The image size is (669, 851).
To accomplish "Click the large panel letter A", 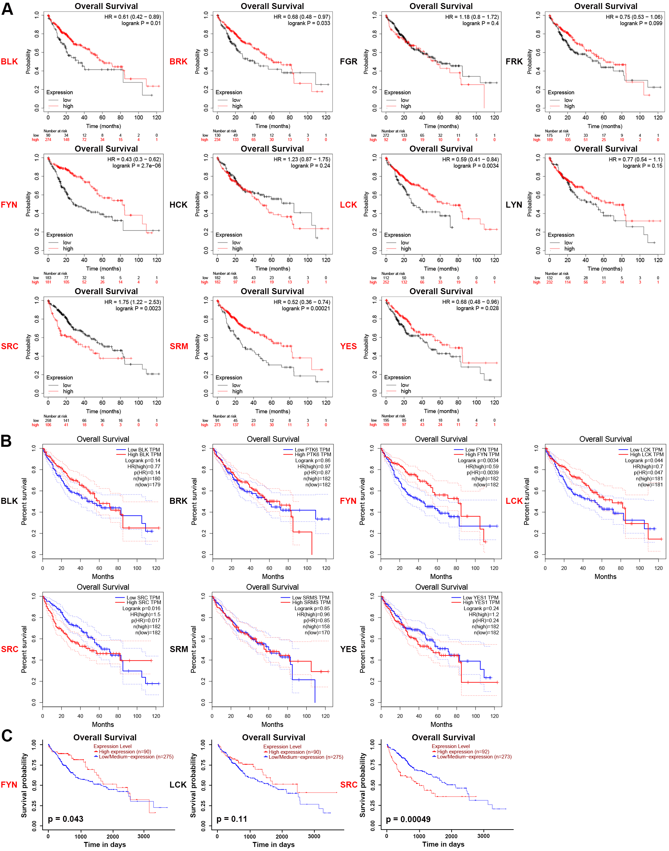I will pyautogui.click(x=7, y=9).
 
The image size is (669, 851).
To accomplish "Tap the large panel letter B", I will pyautogui.click(x=6, y=441).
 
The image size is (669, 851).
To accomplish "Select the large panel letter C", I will pyautogui.click(x=7, y=736).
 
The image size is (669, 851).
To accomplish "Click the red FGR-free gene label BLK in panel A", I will pyautogui.click(x=9, y=61).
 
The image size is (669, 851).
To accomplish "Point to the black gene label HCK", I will pyautogui.click(x=178, y=205).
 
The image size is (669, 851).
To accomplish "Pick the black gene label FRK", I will pyautogui.click(x=514, y=61).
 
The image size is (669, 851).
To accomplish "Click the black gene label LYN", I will pyautogui.click(x=514, y=205).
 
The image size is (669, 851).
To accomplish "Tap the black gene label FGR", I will pyautogui.click(x=349, y=61).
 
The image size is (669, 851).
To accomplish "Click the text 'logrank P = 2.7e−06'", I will pyautogui.click(x=136, y=166).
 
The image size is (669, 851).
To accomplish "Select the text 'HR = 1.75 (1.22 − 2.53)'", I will pyautogui.click(x=133, y=302).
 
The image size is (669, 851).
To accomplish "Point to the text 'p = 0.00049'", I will pyautogui.click(x=408, y=819).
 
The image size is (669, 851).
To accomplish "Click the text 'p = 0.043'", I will pyautogui.click(x=65, y=819).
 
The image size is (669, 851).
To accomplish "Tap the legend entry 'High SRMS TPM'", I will pyautogui.click(x=311, y=602).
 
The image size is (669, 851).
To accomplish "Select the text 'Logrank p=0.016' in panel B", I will pyautogui.click(x=141, y=608).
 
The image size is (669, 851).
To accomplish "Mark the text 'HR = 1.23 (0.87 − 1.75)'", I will pyautogui.click(x=302, y=159).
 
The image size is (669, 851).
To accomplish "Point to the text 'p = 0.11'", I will pyautogui.click(x=232, y=819).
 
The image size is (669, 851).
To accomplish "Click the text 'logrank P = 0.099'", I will pyautogui.click(x=641, y=23).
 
